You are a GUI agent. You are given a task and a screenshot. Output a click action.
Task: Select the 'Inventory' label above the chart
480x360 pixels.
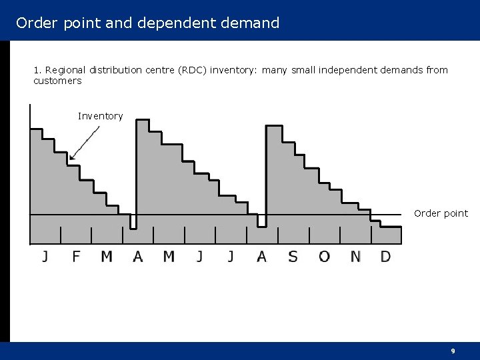[x=100, y=116]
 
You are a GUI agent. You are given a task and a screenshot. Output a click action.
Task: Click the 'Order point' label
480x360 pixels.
[x=441, y=213]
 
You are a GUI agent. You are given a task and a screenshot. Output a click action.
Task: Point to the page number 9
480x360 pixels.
[x=453, y=351]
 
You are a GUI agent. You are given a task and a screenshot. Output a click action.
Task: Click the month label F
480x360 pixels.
[x=76, y=256]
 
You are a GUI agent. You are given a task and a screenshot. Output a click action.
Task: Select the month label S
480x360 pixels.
[x=293, y=256]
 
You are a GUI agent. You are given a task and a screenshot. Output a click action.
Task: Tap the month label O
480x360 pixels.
[x=324, y=256]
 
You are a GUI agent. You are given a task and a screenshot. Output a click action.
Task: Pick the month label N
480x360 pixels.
[x=355, y=256]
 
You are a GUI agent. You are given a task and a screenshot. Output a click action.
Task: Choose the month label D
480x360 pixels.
[x=385, y=256]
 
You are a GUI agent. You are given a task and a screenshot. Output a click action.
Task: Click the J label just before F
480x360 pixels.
[x=45, y=256]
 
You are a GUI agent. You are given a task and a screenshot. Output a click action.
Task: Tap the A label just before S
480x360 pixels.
[x=261, y=256]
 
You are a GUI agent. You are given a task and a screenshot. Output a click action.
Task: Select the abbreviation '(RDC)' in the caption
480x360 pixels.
[x=191, y=70]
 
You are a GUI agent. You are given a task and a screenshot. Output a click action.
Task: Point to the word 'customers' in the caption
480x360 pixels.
[x=57, y=81]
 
